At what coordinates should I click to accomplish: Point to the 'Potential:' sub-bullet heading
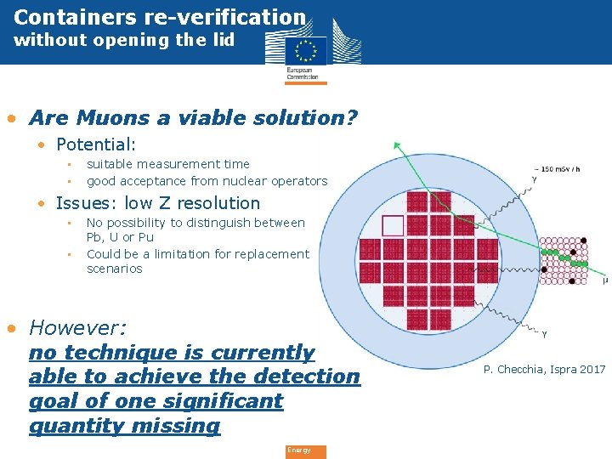click(96, 145)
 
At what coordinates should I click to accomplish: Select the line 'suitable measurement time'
click(168, 164)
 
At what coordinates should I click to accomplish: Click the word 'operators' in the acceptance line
click(299, 181)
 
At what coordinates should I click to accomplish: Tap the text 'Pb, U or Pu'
click(120, 237)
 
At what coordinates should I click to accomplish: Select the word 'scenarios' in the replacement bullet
click(115, 269)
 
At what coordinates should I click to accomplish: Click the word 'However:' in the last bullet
click(77, 328)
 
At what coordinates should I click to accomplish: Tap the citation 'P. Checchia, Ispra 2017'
click(544, 369)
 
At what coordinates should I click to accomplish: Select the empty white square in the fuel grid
click(393, 225)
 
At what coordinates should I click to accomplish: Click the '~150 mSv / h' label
click(557, 168)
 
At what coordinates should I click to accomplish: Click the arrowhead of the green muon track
click(397, 146)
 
